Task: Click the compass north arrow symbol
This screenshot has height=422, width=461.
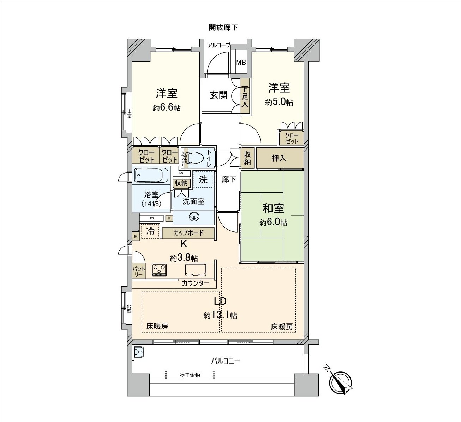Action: [x=340, y=382]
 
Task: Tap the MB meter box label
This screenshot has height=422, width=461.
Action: [x=241, y=63]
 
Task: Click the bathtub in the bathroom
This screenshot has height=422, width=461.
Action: [x=152, y=175]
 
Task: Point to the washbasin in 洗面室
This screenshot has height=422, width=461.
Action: [x=194, y=217]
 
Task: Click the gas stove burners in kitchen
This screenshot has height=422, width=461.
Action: [x=159, y=270]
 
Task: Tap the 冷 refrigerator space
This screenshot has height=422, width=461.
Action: [x=150, y=231]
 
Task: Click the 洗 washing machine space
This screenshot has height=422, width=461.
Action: [x=203, y=180]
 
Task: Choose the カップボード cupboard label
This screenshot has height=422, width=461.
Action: [x=188, y=233]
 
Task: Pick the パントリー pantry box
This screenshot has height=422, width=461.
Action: [x=139, y=271]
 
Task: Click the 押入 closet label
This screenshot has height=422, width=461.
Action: [x=279, y=158]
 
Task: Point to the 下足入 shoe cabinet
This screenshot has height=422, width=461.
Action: [x=245, y=96]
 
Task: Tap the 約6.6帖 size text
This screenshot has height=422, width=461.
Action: [x=167, y=107]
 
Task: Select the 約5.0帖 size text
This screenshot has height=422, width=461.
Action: [x=279, y=102]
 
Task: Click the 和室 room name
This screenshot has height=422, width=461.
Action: [x=273, y=208]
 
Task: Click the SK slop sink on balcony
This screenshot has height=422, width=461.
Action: [x=138, y=352]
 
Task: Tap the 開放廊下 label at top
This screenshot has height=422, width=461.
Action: [x=223, y=27]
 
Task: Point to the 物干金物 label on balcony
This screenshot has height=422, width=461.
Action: [x=190, y=375]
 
